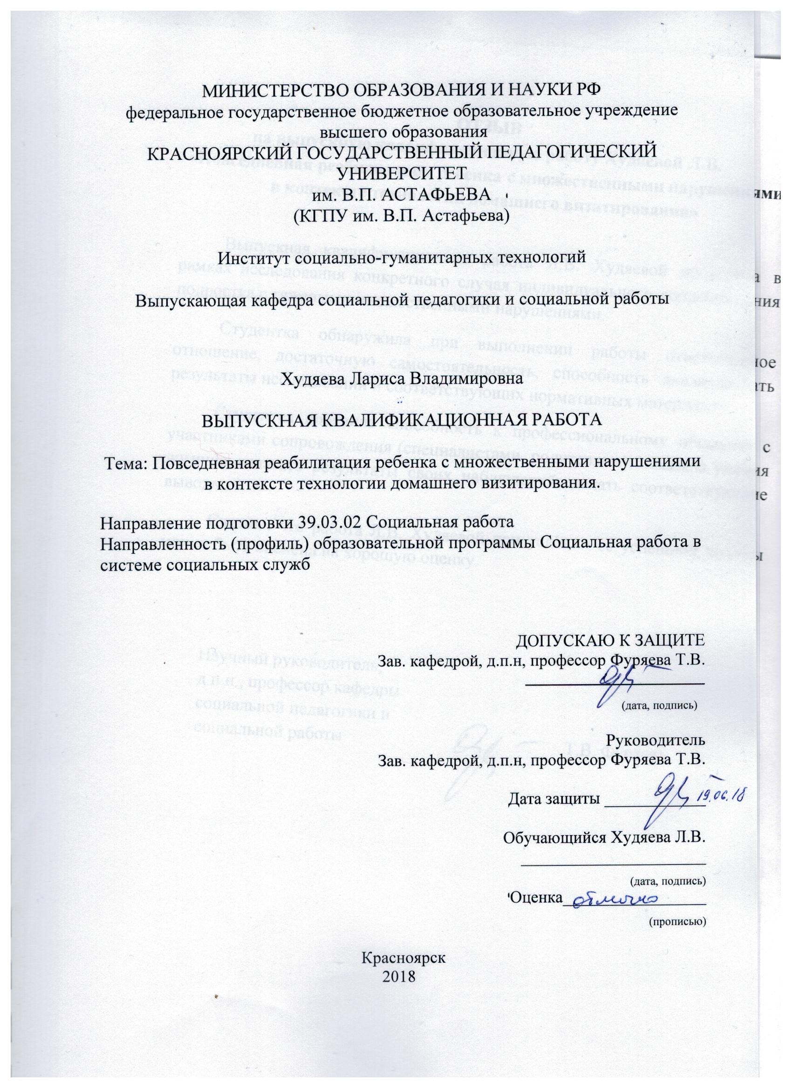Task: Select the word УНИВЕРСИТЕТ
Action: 402,173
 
